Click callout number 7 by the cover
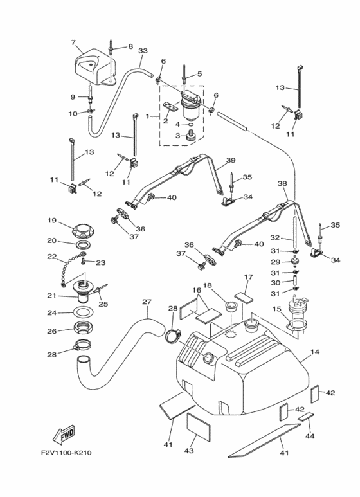click(x=73, y=42)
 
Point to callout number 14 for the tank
click(x=315, y=352)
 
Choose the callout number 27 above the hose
click(x=147, y=302)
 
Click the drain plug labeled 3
click(x=191, y=136)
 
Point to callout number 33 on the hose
click(x=143, y=51)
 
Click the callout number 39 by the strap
click(x=231, y=160)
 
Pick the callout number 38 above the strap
click(x=282, y=183)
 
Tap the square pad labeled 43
click(x=199, y=427)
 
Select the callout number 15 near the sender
click(x=277, y=309)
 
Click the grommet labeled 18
click(x=231, y=307)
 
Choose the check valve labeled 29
click(x=295, y=262)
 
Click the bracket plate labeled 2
click(x=170, y=107)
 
